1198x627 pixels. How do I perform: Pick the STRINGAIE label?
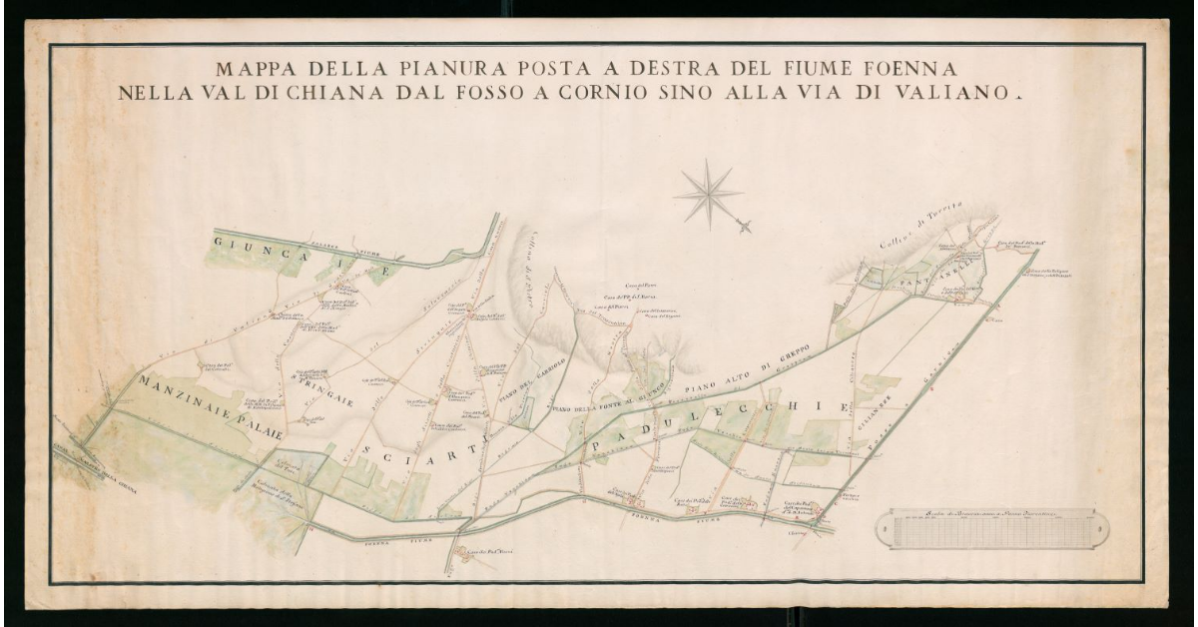[294, 388]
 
